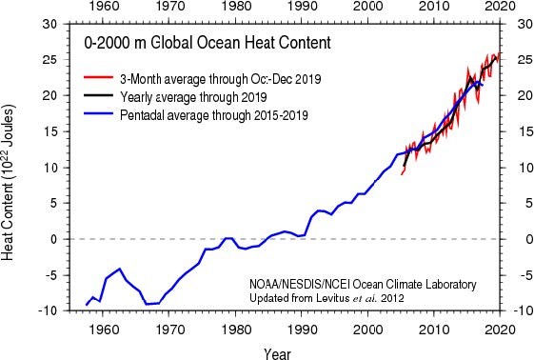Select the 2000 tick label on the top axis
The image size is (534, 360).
368,9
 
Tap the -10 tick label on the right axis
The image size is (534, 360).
520,311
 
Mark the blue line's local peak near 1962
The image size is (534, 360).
119,270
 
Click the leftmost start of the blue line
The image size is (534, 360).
87,305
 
